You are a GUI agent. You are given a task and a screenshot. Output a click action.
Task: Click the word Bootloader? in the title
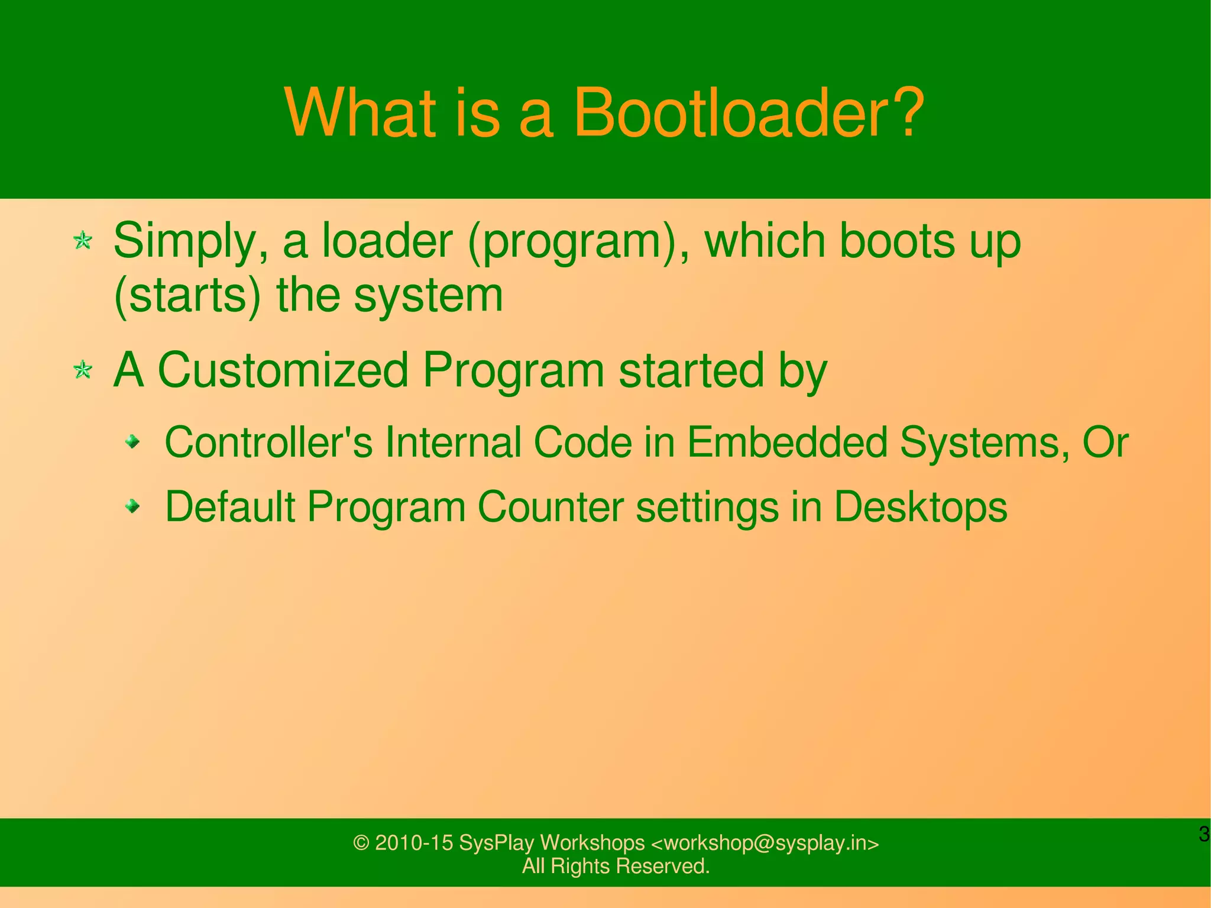748,112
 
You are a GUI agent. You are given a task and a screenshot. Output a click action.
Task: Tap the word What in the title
360,112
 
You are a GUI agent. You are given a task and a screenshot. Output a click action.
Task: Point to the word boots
896,241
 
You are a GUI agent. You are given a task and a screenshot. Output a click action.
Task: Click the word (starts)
187,296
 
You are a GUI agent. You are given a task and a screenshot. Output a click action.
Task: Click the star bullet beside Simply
83,241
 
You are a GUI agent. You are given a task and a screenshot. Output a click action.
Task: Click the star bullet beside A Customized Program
83,370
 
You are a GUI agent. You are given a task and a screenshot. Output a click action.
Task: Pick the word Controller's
268,442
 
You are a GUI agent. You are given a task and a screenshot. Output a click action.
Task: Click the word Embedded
787,442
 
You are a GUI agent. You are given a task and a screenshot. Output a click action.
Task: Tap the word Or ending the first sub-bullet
1105,442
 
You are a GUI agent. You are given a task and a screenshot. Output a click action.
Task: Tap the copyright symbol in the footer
361,843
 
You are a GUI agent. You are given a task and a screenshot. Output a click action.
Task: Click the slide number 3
1203,834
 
